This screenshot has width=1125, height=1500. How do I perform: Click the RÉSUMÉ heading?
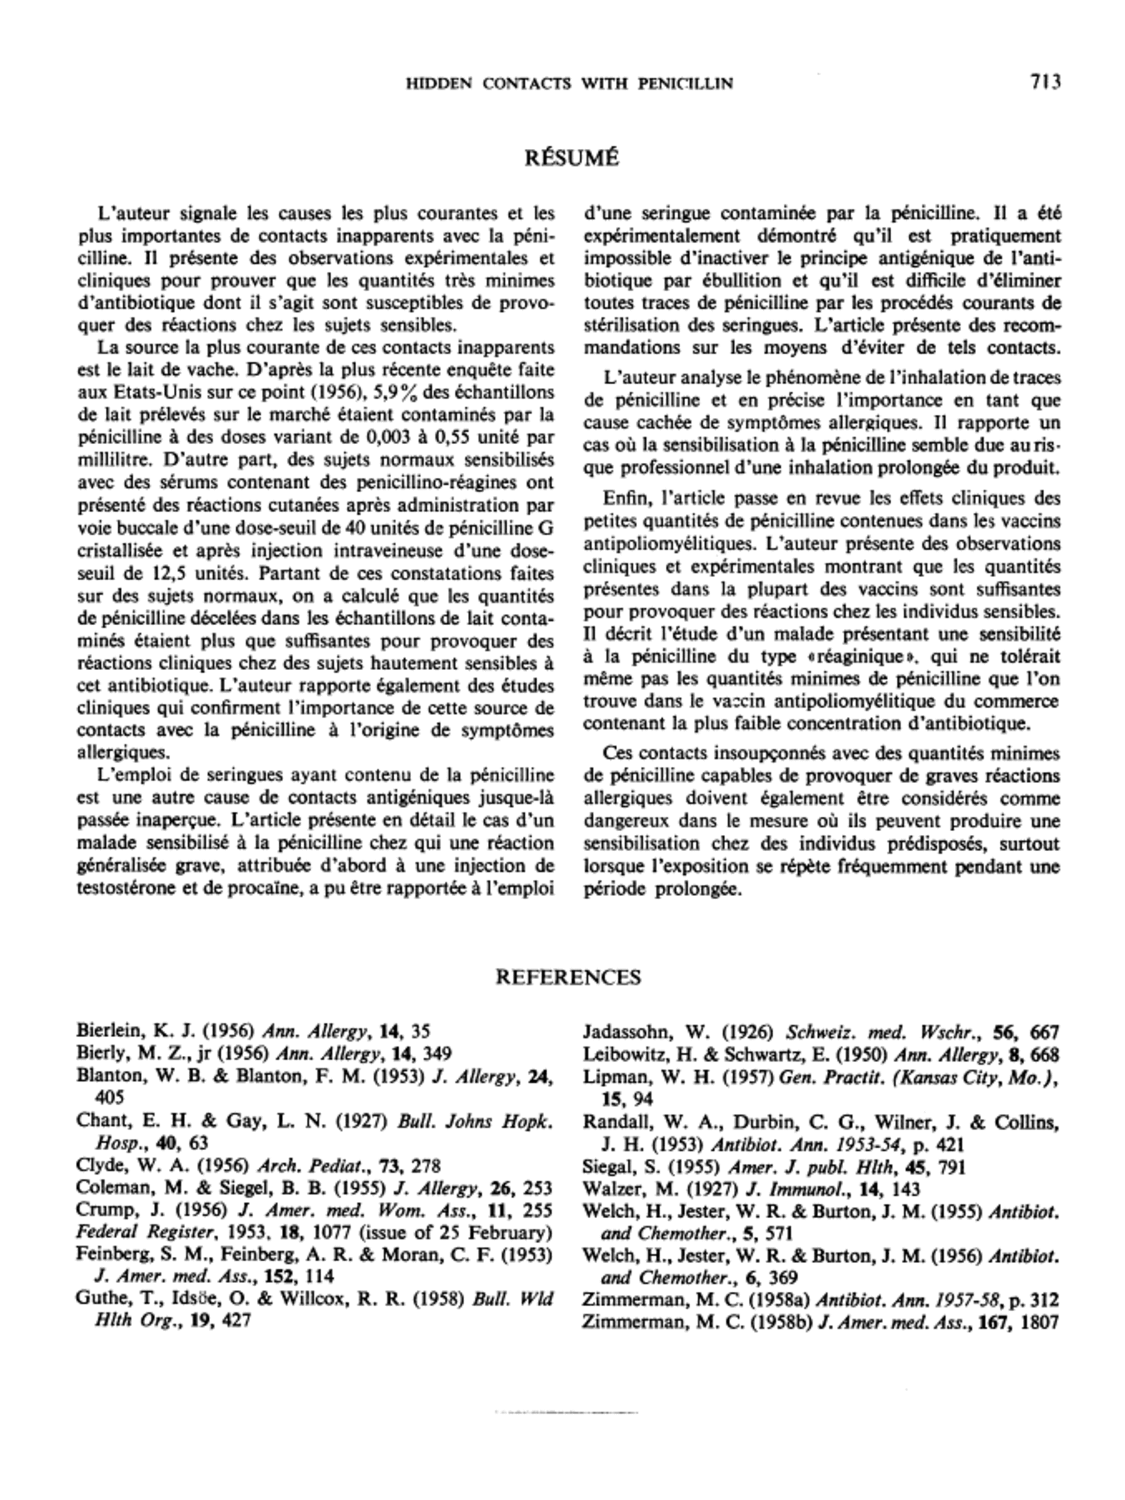572,158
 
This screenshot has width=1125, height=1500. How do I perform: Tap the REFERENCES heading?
568,977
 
